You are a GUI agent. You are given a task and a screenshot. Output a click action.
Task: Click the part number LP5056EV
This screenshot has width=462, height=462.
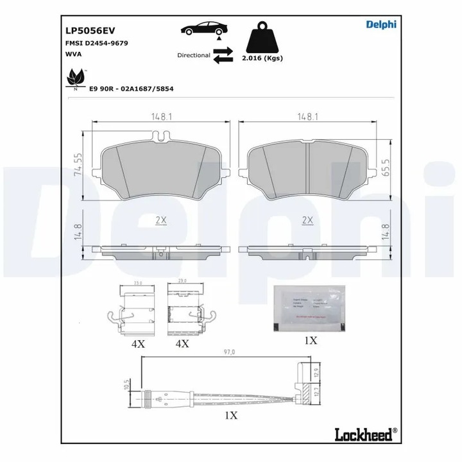90,30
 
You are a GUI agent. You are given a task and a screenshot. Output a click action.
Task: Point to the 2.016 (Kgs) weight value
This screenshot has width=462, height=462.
263,58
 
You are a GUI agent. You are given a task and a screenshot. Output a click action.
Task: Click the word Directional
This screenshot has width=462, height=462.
193,56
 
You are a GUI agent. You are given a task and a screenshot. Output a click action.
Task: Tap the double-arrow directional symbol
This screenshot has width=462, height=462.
223,58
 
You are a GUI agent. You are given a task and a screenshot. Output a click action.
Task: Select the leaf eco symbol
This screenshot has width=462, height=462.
75,78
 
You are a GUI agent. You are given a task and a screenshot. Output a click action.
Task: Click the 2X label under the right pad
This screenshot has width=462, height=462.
307,219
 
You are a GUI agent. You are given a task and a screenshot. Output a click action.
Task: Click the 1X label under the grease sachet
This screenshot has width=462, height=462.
310,341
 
